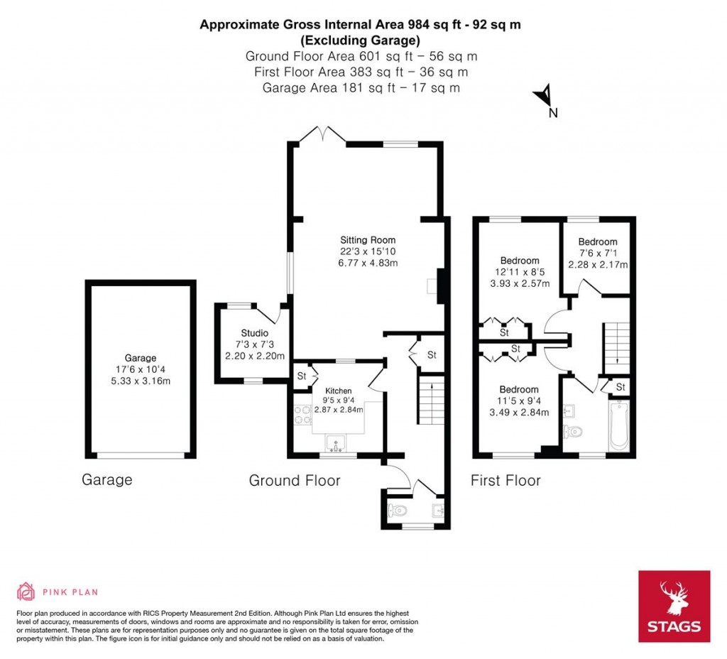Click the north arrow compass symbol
click(x=545, y=96)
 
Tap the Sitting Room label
click(x=367, y=240)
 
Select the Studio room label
click(x=254, y=333)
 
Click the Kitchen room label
click(x=339, y=391)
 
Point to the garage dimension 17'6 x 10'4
click(x=141, y=369)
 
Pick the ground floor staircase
click(x=430, y=401)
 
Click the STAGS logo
click(x=674, y=606)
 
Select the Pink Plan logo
click(x=58, y=592)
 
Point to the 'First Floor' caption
click(x=505, y=481)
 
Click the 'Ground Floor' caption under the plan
click(x=294, y=481)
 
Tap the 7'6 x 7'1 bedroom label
click(x=598, y=242)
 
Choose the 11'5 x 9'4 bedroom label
click(x=518, y=390)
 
